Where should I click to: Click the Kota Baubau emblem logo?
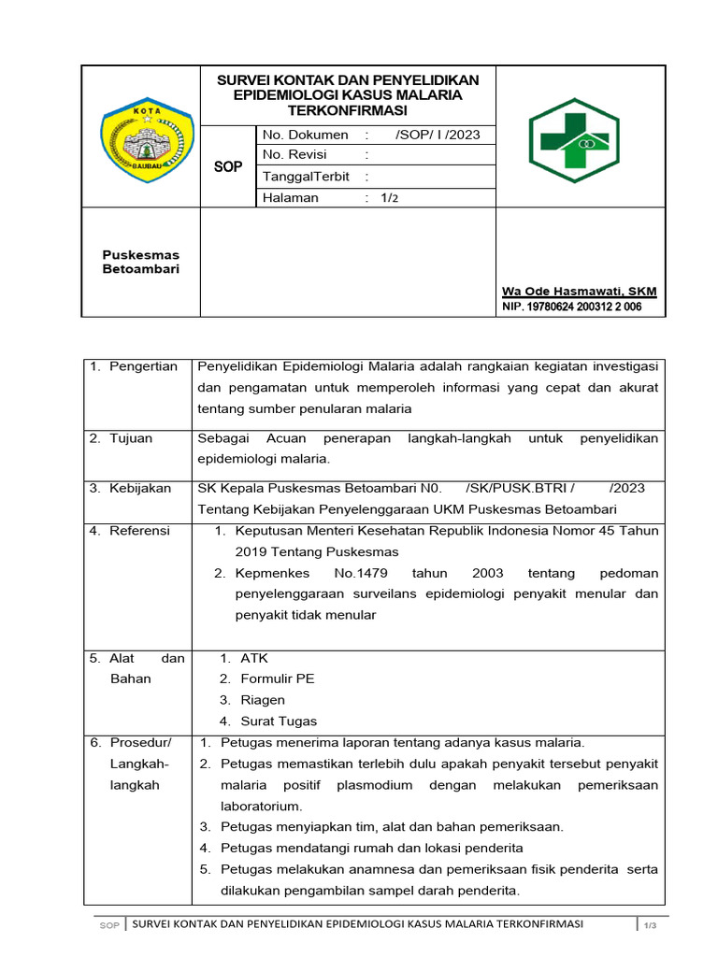point(147,137)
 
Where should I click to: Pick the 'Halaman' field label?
point(291,198)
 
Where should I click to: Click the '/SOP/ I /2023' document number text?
point(438,135)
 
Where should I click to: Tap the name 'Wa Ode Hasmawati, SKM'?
point(580,292)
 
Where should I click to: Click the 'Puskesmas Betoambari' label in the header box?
point(140,262)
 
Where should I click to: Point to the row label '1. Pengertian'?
point(134,366)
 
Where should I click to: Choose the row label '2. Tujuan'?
point(121,438)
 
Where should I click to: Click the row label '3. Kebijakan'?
point(130,488)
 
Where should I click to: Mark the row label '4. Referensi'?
point(130,531)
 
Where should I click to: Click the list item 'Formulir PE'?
point(277,678)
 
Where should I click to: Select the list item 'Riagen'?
point(263,700)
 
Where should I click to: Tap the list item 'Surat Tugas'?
point(279,721)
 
